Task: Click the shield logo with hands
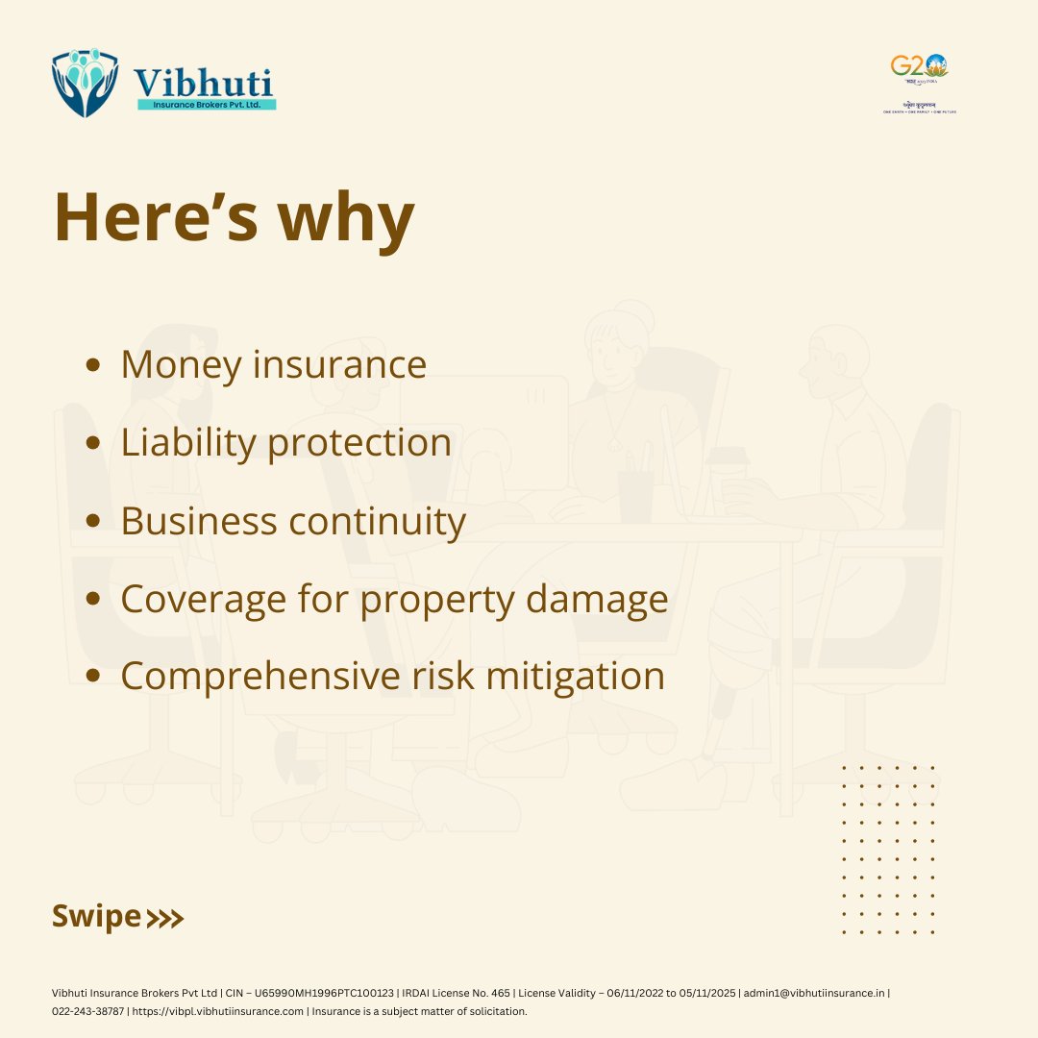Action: [86, 85]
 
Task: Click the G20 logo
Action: [919, 67]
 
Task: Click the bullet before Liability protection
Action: [93, 443]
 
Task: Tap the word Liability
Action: [188, 443]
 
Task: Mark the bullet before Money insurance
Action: [93, 365]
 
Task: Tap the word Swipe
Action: [96, 916]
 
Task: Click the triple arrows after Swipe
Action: [164, 919]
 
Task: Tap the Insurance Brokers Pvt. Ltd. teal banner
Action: [206, 104]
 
